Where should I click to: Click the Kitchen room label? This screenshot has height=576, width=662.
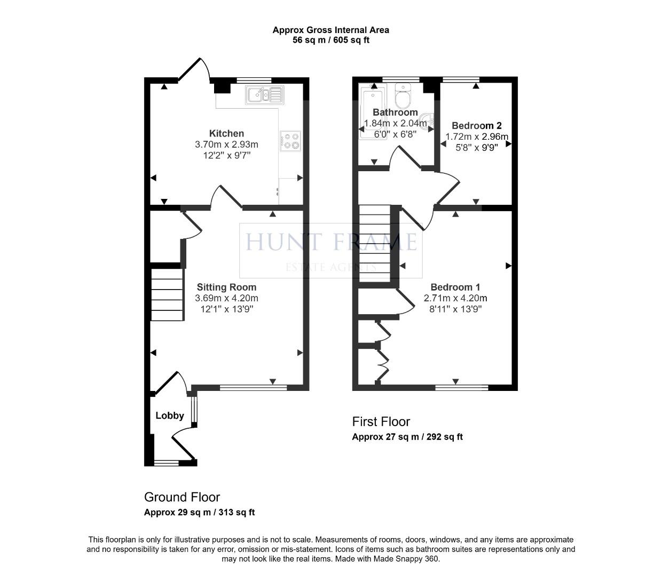click(226, 133)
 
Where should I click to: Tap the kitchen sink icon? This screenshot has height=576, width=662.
click(264, 95)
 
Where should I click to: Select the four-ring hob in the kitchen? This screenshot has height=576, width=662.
click(290, 141)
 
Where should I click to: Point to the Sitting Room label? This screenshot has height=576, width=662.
click(226, 287)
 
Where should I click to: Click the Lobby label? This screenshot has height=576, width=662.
click(170, 415)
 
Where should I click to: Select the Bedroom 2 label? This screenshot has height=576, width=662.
click(477, 126)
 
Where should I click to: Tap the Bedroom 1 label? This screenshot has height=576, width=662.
click(455, 287)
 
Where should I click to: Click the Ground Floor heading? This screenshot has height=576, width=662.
click(182, 497)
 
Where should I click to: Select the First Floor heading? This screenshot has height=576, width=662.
click(381, 421)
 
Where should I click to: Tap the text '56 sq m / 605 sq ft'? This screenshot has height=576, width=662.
click(331, 40)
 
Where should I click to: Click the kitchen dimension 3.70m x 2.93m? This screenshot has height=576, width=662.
click(226, 145)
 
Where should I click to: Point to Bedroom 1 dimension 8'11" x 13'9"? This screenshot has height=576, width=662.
click(455, 309)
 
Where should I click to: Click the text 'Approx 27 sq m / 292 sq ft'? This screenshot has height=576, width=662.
click(407, 437)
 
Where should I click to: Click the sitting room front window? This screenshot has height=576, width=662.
click(253, 388)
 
